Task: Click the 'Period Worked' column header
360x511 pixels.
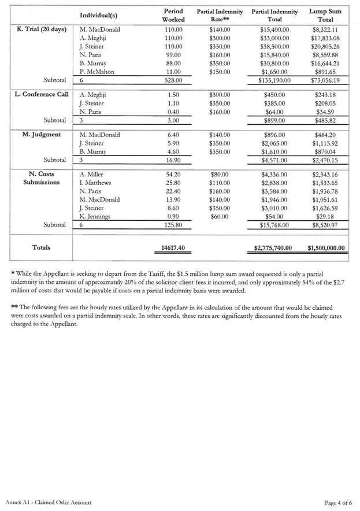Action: (173, 16)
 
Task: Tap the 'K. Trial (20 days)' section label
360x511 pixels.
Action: (41, 29)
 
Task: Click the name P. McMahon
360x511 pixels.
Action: (98, 72)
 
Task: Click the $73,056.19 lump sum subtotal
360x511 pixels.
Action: (326, 81)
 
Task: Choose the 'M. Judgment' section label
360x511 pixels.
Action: (42, 135)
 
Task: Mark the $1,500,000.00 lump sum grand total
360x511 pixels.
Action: (325, 249)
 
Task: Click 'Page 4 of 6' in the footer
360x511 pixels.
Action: (339, 503)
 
